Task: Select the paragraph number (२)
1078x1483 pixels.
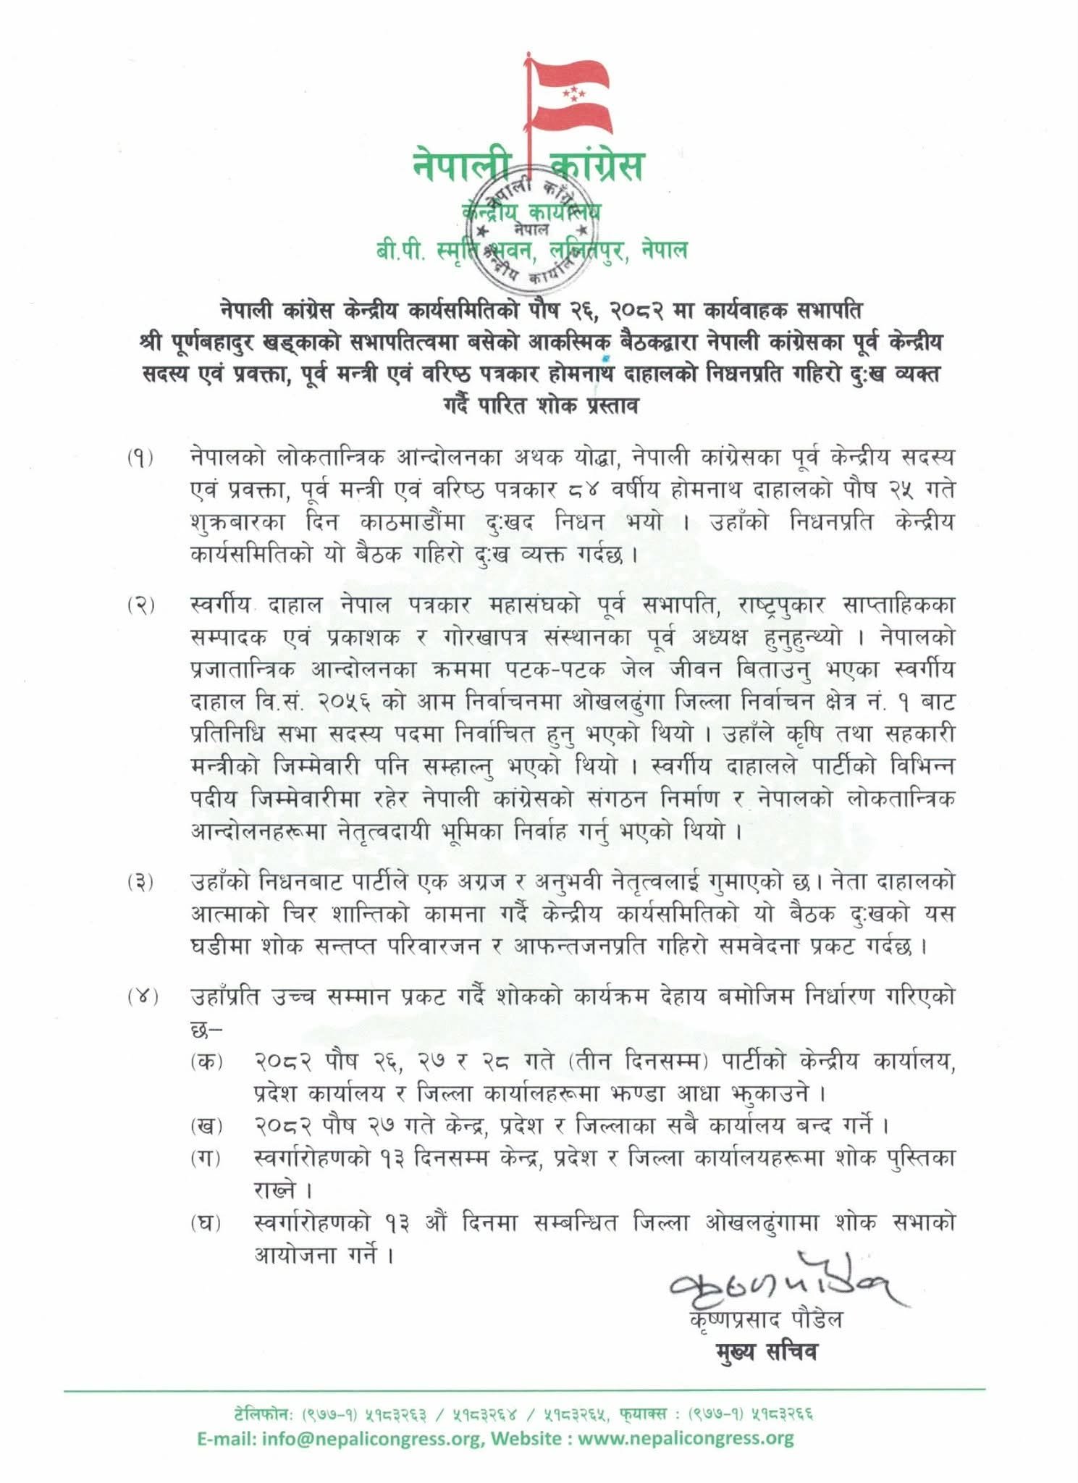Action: pyautogui.click(x=141, y=606)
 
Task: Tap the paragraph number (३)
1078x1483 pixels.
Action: pyautogui.click(x=141, y=883)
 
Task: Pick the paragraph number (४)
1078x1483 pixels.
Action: pyautogui.click(x=141, y=998)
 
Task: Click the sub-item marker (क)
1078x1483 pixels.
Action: pyautogui.click(x=207, y=1062)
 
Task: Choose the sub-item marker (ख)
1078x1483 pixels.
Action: pyautogui.click(x=207, y=1127)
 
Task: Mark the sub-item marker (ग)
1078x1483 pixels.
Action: pyautogui.click(x=207, y=1159)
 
